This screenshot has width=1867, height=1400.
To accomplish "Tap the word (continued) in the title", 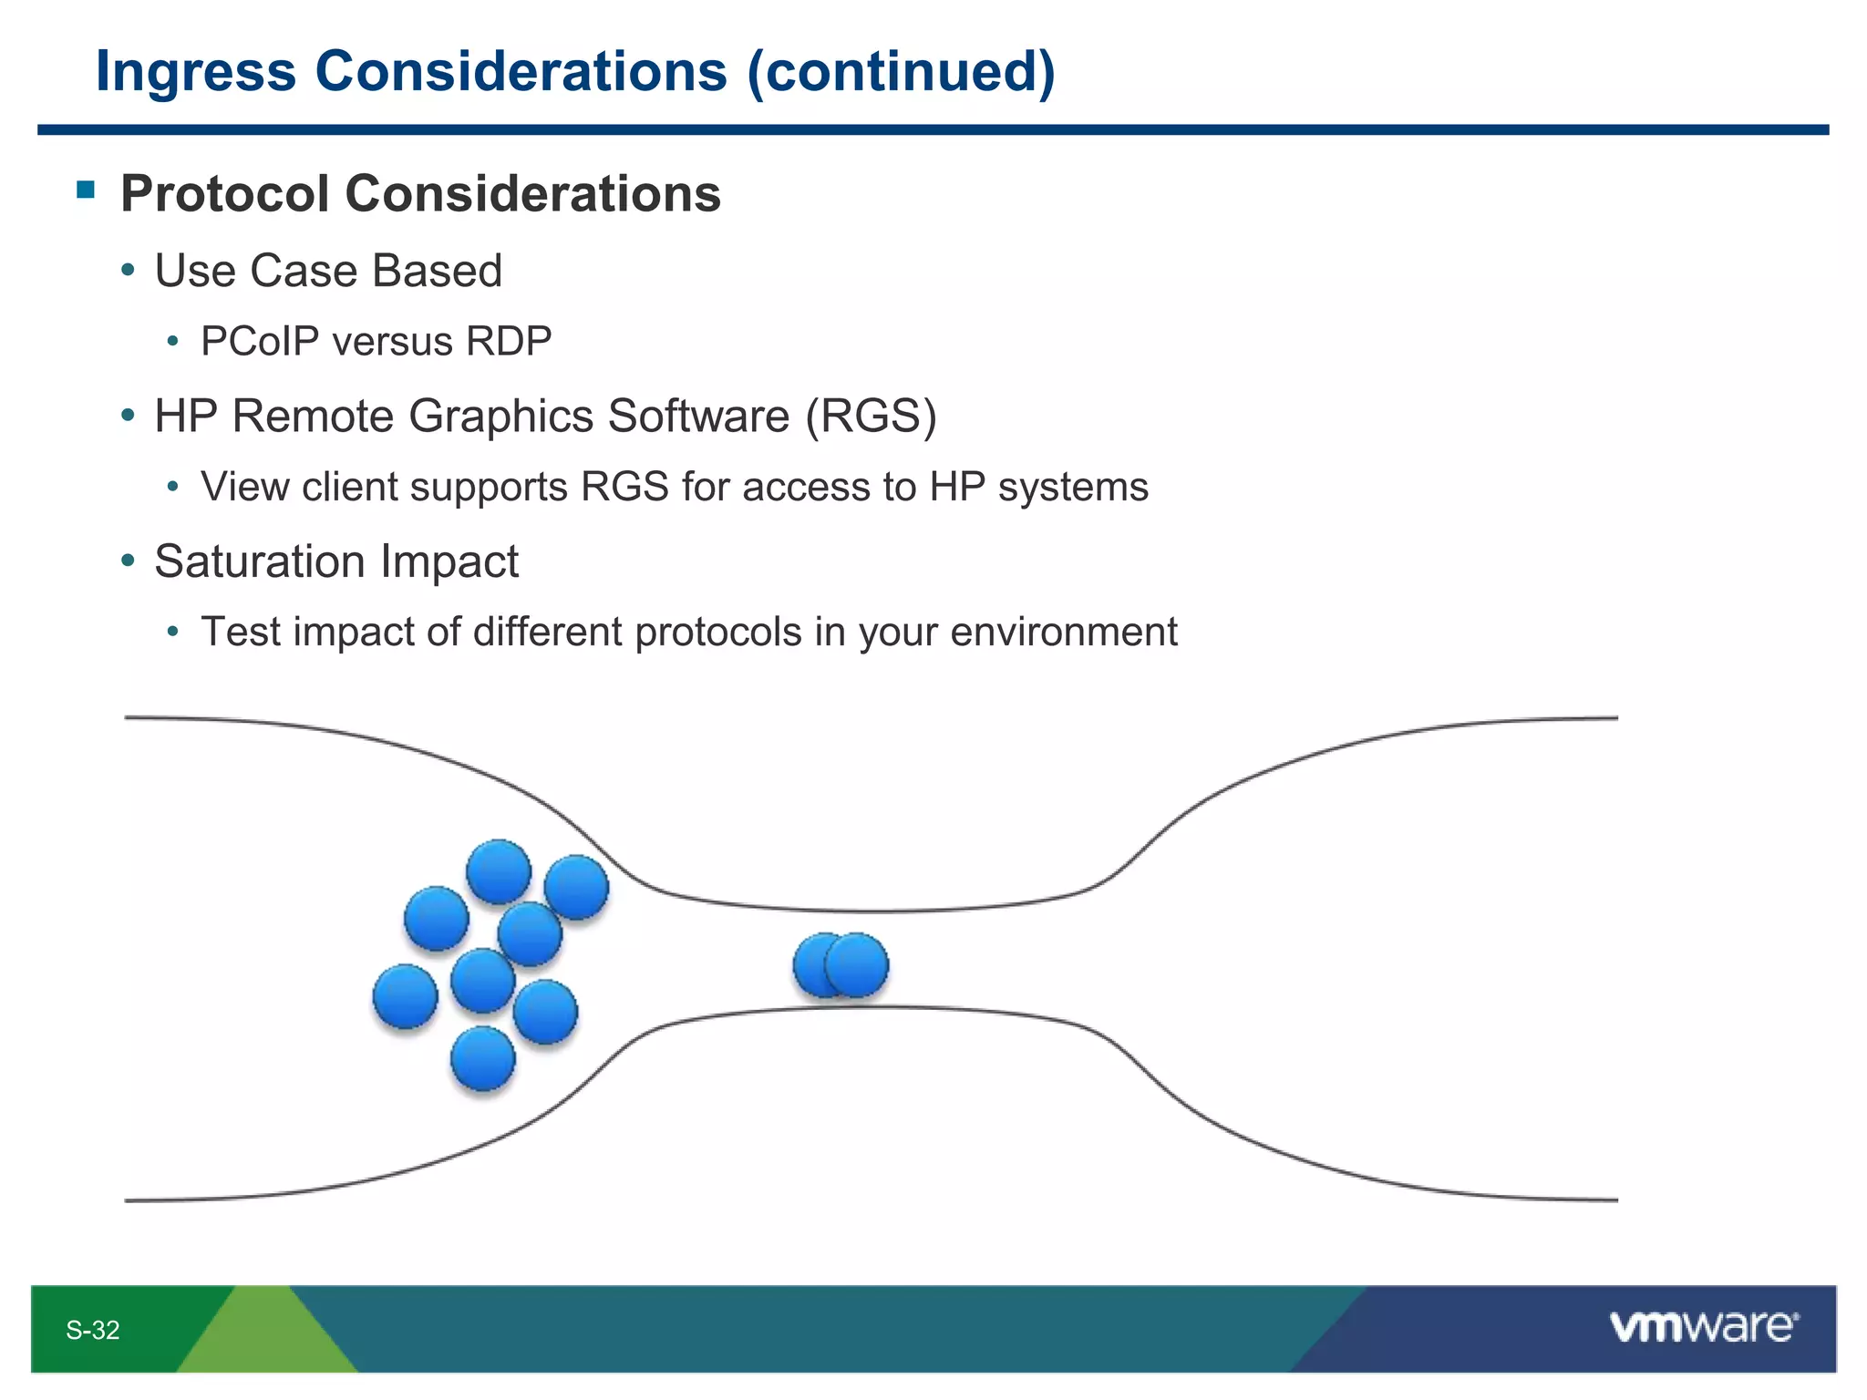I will (x=901, y=71).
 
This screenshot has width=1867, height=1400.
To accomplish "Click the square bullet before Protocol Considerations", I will (x=86, y=190).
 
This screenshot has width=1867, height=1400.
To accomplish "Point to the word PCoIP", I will (x=260, y=342).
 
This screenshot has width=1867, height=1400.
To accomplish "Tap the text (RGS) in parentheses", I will (x=871, y=417).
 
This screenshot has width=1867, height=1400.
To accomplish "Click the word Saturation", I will (x=260, y=561).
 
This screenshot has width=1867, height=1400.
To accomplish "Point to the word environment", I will (x=1063, y=633).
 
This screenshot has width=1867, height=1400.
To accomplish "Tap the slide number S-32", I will (x=92, y=1330).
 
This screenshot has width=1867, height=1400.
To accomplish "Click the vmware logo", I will (x=1703, y=1326).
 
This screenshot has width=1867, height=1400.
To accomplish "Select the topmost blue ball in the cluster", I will (x=499, y=871).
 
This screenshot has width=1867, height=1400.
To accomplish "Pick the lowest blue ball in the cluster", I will (x=483, y=1058).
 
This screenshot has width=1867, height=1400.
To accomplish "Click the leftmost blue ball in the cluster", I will (x=406, y=995).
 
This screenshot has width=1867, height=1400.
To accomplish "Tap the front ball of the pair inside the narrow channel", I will (x=857, y=964).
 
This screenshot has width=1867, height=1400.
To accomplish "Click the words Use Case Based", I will (x=328, y=271).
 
